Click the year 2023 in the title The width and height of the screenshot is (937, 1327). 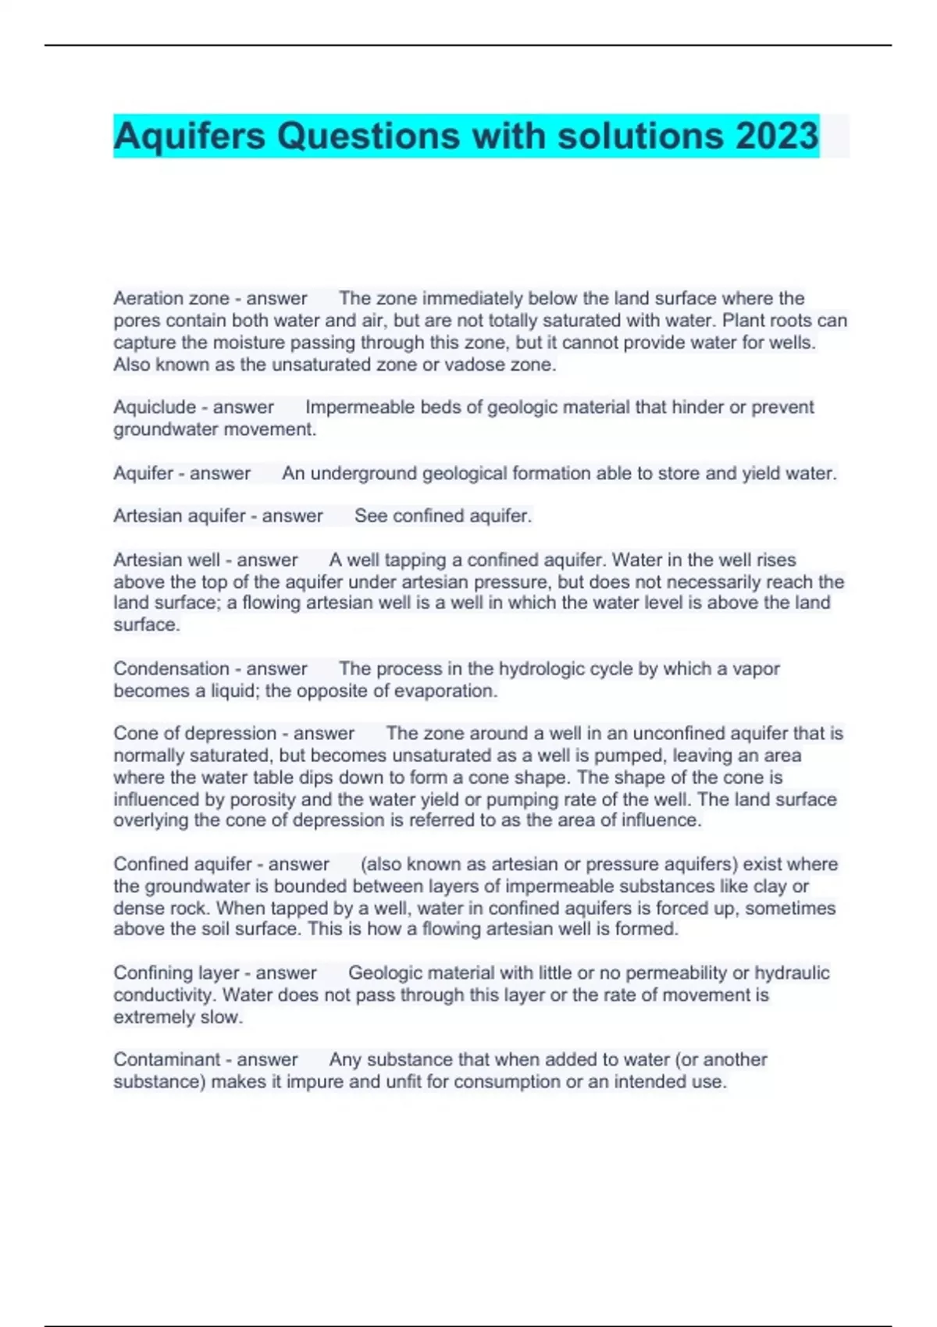(x=776, y=136)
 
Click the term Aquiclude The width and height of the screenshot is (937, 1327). (x=155, y=407)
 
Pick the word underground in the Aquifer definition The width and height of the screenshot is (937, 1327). (x=363, y=473)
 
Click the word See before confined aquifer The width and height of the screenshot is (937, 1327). (x=371, y=516)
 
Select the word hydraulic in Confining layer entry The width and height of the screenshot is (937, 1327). (x=791, y=973)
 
